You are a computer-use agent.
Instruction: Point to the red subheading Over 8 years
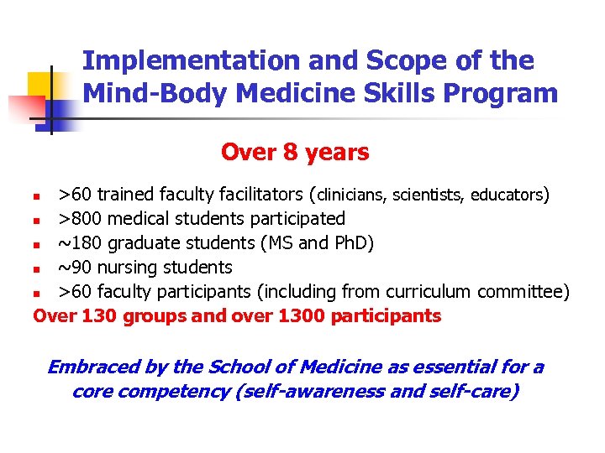[x=294, y=153]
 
